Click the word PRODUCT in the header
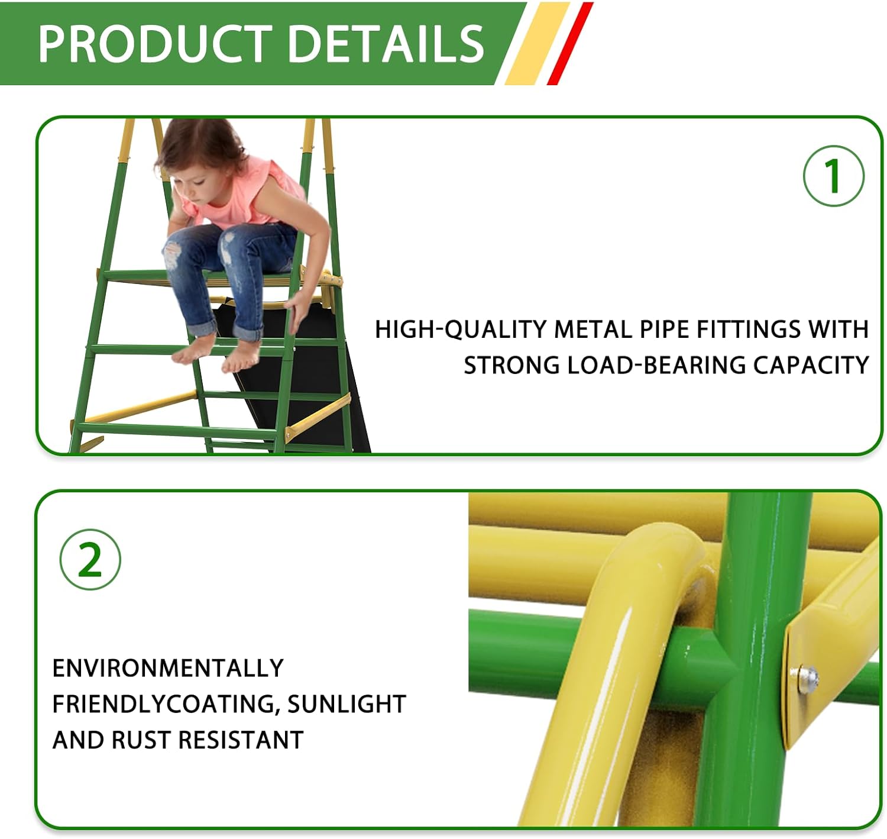click(x=155, y=43)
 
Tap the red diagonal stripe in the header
click(x=570, y=43)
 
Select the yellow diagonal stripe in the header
click(x=537, y=43)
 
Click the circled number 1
click(x=833, y=176)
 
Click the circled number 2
click(x=90, y=559)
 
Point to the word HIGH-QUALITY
click(x=461, y=329)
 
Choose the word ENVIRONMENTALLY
click(x=168, y=668)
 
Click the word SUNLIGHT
click(x=347, y=704)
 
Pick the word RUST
click(x=141, y=740)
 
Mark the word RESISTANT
click(x=241, y=740)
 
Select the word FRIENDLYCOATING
click(x=164, y=704)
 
